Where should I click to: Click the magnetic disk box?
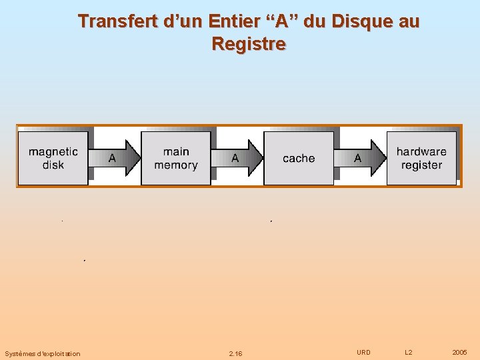coord(53,158)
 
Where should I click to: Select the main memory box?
coord(176,158)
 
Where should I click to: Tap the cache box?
coord(299,158)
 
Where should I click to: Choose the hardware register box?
coord(421,158)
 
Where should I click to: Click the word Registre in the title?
coord(249,44)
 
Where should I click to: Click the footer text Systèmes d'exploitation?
coord(42,353)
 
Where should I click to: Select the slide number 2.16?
coord(235,353)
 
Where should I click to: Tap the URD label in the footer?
coord(363,352)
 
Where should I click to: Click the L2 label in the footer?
coord(409,352)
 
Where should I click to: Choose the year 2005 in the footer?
coord(459,352)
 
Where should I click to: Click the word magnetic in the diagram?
coord(53,152)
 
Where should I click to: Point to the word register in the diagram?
coord(421,165)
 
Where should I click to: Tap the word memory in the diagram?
coord(176,165)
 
